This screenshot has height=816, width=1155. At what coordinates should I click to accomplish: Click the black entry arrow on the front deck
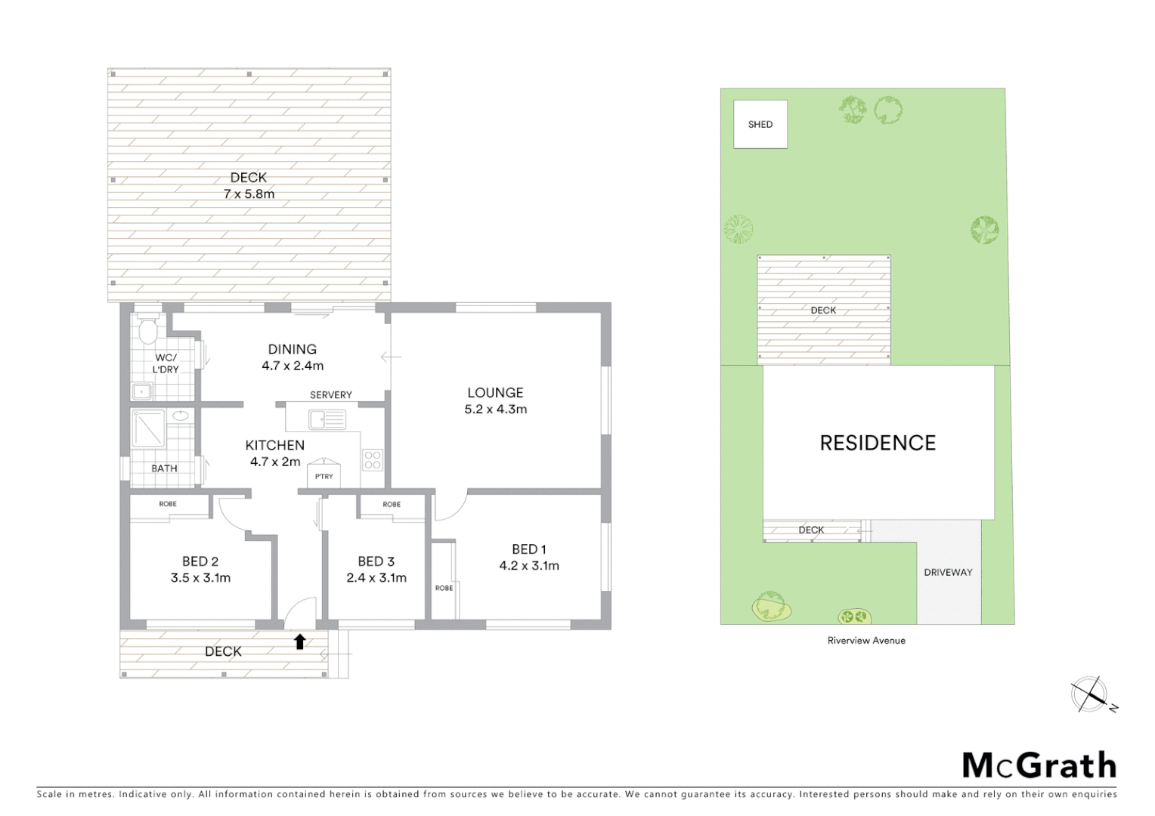tap(299, 641)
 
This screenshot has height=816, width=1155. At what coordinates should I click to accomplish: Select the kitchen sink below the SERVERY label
tap(327, 419)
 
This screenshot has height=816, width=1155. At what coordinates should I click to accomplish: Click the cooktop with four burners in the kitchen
tap(373, 459)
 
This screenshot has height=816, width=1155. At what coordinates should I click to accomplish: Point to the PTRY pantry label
tap(324, 476)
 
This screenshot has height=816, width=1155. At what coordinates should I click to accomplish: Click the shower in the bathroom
tap(147, 428)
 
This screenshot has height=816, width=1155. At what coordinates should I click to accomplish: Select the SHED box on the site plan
tap(760, 125)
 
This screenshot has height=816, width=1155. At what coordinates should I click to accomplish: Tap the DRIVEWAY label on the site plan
tap(948, 572)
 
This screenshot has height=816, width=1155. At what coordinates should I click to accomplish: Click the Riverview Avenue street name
tap(866, 640)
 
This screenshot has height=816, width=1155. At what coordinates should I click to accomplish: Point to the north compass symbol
tap(1090, 694)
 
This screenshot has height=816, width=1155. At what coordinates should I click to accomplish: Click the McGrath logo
tap(1039, 765)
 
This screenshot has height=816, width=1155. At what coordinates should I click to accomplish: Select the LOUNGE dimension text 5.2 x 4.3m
tap(495, 410)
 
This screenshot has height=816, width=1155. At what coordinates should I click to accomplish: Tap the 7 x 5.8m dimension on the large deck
tap(249, 194)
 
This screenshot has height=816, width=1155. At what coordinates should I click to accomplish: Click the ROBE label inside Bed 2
tap(168, 504)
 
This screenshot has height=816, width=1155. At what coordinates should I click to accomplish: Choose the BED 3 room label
tap(376, 561)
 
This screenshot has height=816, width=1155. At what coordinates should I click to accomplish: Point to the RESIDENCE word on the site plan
tap(878, 443)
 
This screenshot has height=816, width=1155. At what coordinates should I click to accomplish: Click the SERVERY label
tap(330, 394)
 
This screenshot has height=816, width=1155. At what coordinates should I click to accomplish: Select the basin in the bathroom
tap(181, 416)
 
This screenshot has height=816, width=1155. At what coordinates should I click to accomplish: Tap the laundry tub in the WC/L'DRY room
tap(141, 391)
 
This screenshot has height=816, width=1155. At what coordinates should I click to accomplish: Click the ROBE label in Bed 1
tap(444, 588)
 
